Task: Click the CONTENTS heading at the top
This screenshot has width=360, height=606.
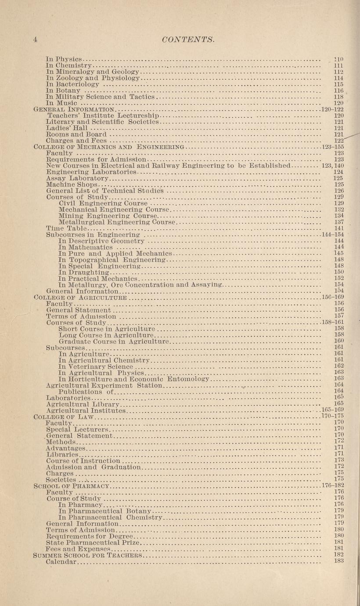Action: pos(187,40)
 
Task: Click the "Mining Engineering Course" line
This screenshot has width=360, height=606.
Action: pos(107,216)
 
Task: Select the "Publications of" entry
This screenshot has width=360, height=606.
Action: pos(86,391)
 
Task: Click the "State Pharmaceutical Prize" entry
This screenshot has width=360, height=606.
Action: pos(93,543)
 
